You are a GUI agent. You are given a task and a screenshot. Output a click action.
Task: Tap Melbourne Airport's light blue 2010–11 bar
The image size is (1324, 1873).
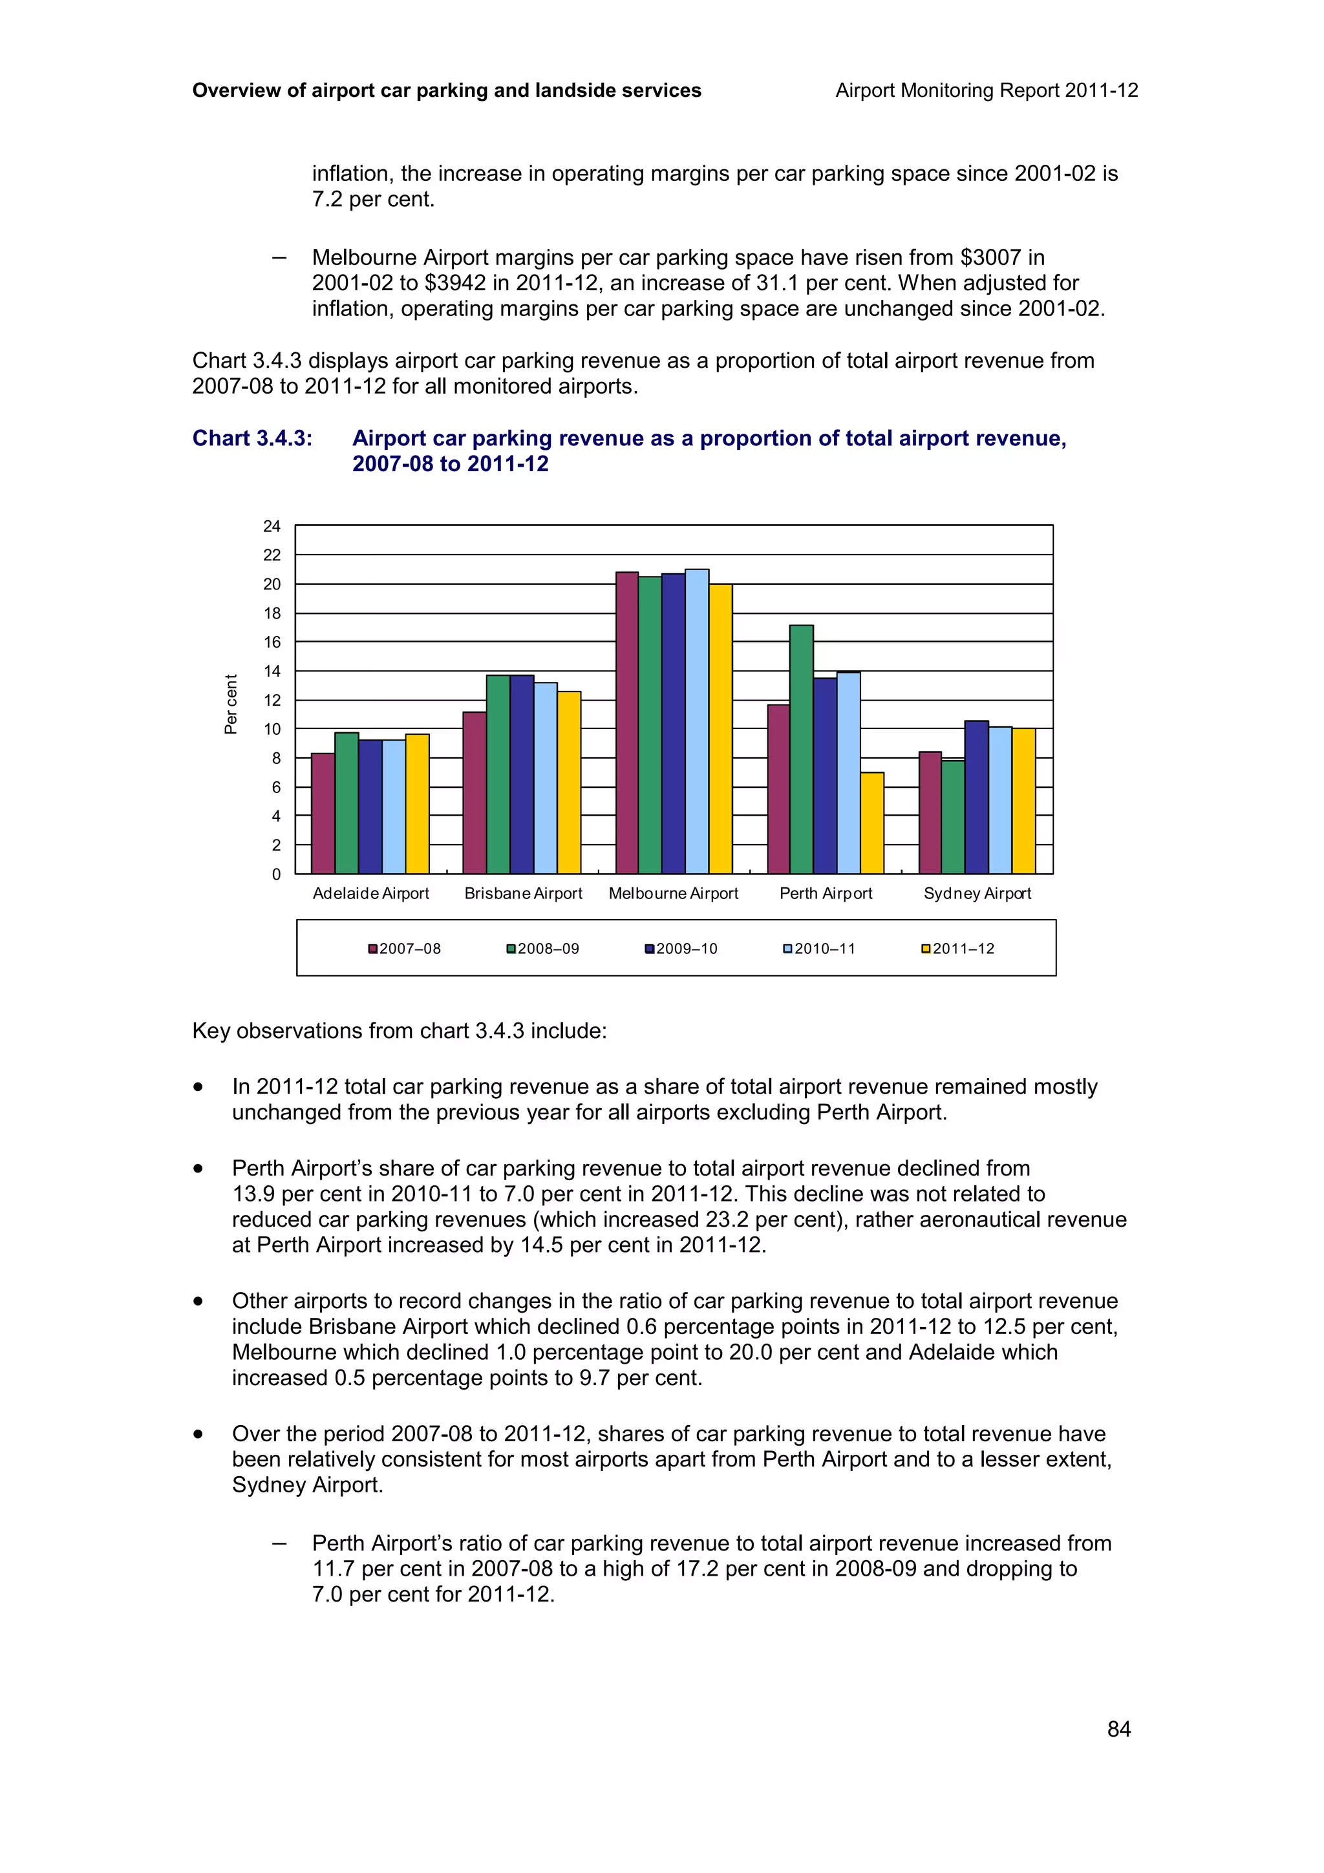[x=697, y=721]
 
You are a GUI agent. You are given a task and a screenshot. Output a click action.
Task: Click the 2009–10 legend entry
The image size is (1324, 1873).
[x=681, y=949]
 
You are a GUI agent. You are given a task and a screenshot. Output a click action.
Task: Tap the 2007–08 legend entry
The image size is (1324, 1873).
[x=405, y=949]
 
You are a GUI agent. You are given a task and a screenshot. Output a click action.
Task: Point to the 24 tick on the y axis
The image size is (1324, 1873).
[x=272, y=526]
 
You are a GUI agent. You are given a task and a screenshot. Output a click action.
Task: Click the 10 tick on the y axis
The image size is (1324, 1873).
[x=272, y=729]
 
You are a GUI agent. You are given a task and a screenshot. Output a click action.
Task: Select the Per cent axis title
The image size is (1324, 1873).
[x=231, y=703]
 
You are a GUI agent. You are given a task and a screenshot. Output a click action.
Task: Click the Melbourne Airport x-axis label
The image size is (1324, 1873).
[x=673, y=893]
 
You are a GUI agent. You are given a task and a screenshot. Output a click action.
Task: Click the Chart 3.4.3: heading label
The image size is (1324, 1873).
[x=252, y=438]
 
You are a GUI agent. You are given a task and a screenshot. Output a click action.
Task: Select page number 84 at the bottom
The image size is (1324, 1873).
[x=1118, y=1729]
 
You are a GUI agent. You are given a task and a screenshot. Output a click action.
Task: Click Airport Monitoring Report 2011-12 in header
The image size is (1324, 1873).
[x=987, y=90]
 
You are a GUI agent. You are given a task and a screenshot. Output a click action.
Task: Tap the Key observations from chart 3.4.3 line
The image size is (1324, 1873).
[x=399, y=1030]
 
